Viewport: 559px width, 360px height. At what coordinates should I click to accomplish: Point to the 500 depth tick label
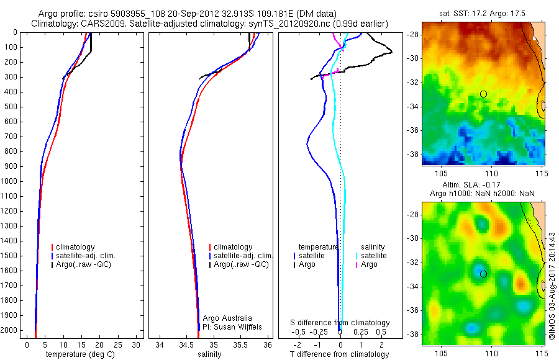click(x=11, y=107)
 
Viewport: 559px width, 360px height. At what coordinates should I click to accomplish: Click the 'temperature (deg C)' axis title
click(x=79, y=354)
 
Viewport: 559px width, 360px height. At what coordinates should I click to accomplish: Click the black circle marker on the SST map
click(x=483, y=94)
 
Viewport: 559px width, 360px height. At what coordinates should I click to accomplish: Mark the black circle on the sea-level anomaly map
click(x=483, y=273)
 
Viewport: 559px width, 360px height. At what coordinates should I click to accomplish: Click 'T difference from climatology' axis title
click(x=339, y=354)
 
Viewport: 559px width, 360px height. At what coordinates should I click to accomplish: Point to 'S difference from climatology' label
click(x=340, y=323)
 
